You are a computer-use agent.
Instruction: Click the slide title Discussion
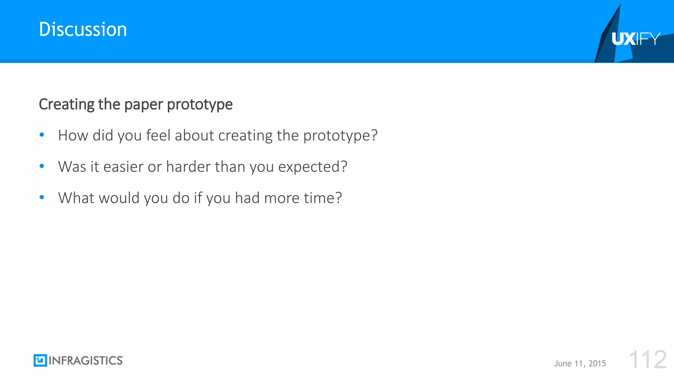pyautogui.click(x=83, y=29)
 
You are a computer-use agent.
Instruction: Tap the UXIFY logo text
pyautogui.click(x=635, y=39)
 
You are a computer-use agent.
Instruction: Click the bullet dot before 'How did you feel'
pyautogui.click(x=42, y=135)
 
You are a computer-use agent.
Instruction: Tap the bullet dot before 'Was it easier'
pyautogui.click(x=42, y=166)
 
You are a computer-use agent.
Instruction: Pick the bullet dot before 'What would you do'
pyautogui.click(x=42, y=197)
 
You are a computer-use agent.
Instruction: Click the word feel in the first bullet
pyautogui.click(x=158, y=135)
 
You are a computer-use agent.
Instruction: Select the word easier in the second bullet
pyautogui.click(x=123, y=166)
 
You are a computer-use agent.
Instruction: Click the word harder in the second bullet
pyautogui.click(x=188, y=166)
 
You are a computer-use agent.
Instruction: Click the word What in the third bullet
pyautogui.click(x=76, y=198)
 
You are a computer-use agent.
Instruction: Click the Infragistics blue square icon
pyautogui.click(x=40, y=361)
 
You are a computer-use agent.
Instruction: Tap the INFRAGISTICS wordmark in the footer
pyautogui.click(x=86, y=361)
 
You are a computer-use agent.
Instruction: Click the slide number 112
pyautogui.click(x=647, y=360)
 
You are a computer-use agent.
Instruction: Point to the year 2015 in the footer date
pyautogui.click(x=597, y=364)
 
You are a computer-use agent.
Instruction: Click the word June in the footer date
pyautogui.click(x=563, y=364)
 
